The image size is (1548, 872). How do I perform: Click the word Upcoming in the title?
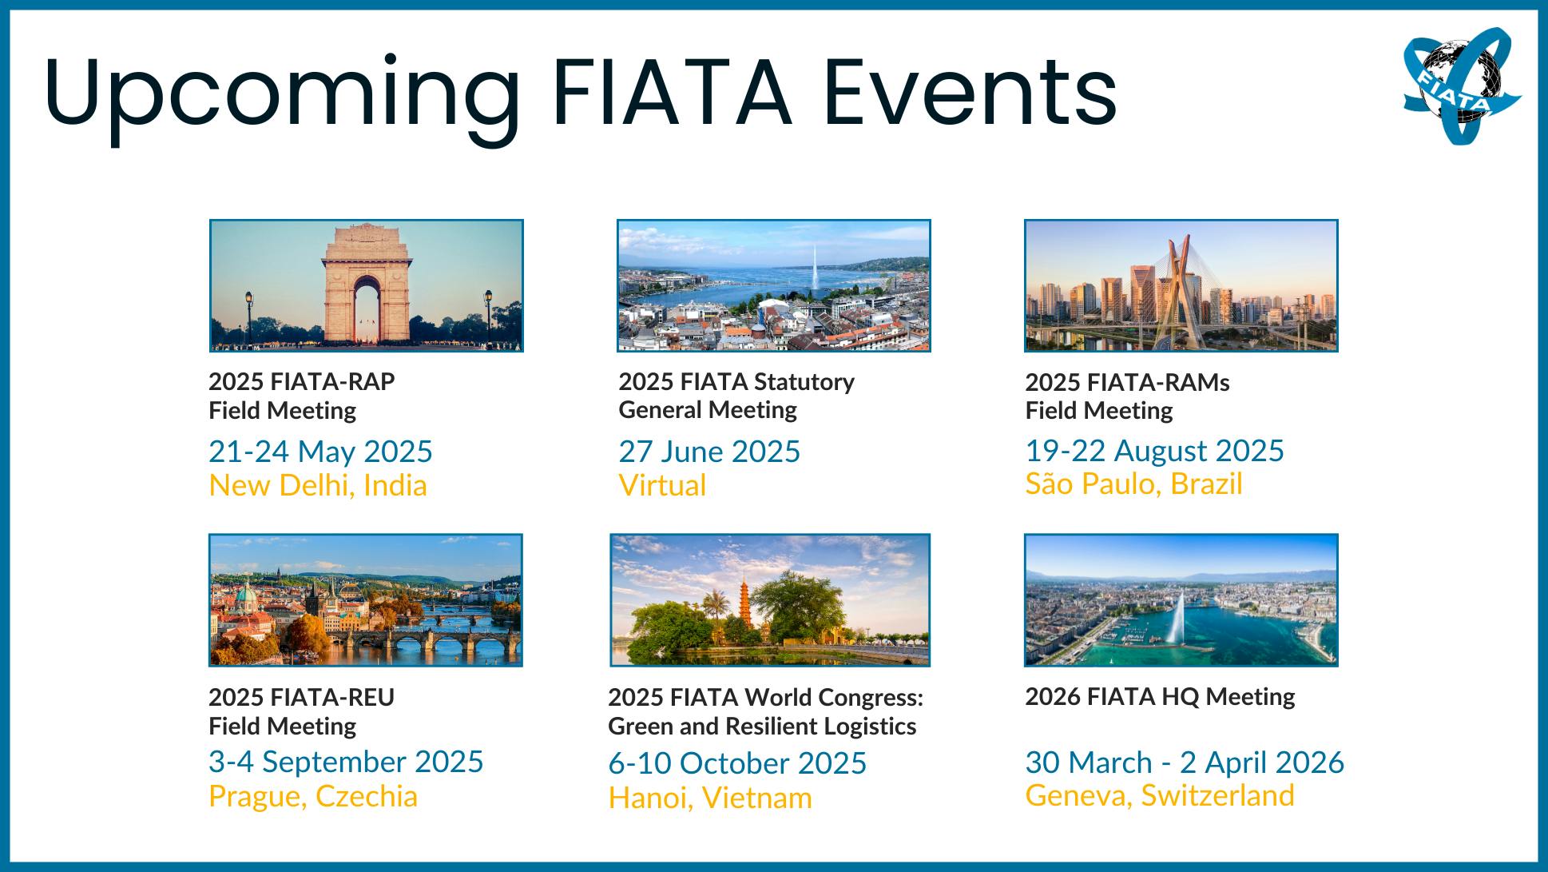point(282,94)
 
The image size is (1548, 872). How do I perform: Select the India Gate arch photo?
point(367,285)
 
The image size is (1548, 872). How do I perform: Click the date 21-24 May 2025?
point(320,452)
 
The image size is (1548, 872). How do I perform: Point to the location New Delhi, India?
point(318,486)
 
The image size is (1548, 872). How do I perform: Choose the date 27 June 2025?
point(709,452)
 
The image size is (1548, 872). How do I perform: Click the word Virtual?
point(662,486)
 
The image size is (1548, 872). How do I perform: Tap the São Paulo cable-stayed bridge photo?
point(1181,285)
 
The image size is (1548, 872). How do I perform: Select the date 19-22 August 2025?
point(1154,451)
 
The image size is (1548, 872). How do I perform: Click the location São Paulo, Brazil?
point(1133,484)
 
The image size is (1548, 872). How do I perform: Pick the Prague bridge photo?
point(366,599)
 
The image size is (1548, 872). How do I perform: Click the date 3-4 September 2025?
point(346,762)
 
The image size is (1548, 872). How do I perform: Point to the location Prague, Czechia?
point(313,796)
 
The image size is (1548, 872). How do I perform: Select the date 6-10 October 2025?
point(737,763)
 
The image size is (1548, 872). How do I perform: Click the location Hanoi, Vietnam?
point(710,798)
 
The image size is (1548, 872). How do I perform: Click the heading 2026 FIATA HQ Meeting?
point(1160,696)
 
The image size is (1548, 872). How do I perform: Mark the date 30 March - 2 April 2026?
point(1185,763)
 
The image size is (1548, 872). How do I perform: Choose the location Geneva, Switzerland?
point(1160,795)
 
